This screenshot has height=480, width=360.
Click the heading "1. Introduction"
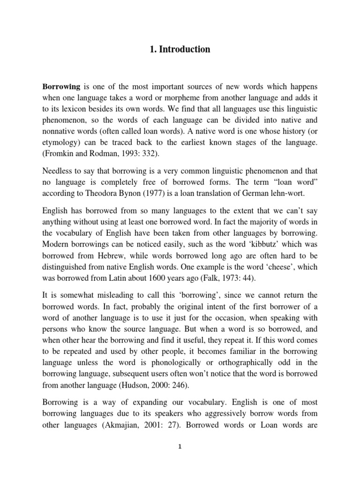[180, 49]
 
